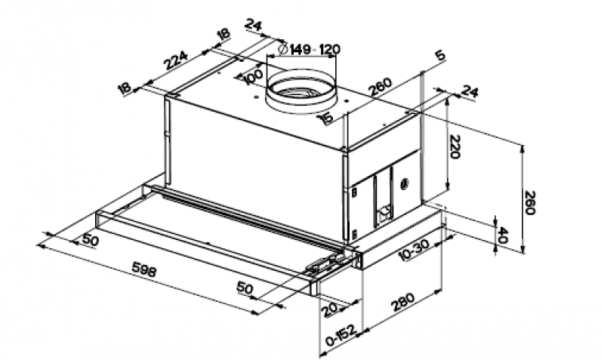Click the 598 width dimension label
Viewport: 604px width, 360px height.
(144, 269)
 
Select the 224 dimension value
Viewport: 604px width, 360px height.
(176, 60)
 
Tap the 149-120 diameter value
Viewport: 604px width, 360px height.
(315, 49)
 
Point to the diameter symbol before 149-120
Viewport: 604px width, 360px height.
(282, 48)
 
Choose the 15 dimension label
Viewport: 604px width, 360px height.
(326, 118)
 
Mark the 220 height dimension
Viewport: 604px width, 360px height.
(455, 146)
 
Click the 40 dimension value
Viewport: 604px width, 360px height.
(503, 235)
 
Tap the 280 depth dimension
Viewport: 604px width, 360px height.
(403, 302)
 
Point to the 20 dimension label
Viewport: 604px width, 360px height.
(331, 310)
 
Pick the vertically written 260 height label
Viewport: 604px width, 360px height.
(530, 202)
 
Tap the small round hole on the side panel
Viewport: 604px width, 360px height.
(404, 184)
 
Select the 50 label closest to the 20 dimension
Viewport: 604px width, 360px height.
(245, 288)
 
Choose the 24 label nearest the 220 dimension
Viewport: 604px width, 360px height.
(470, 92)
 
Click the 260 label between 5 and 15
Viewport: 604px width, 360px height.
(381, 87)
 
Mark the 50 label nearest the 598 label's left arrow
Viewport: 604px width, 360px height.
(90, 240)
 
